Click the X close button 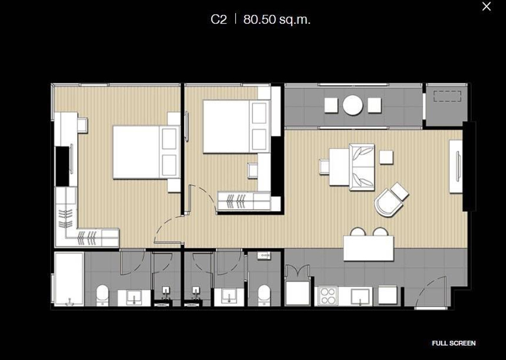(486, 7)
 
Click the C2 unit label (218, 19)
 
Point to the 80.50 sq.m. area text (277, 19)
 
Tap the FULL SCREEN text (453, 343)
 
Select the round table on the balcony (353, 105)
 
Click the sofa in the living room (362, 167)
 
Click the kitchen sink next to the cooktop (359, 295)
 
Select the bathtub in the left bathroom (69, 279)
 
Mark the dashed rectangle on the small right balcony (447, 97)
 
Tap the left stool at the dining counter (358, 232)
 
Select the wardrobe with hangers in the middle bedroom (243, 200)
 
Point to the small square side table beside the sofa (386, 157)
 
